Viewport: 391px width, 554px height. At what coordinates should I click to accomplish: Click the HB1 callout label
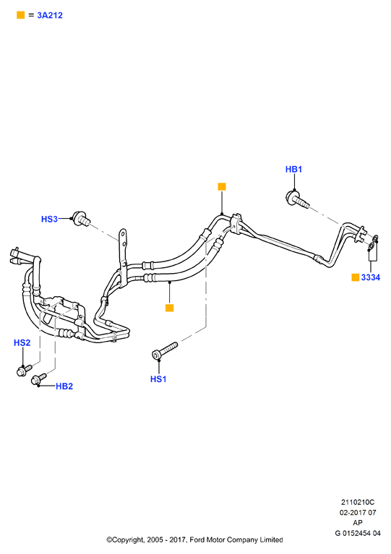pos(293,169)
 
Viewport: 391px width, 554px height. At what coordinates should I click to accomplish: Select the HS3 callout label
pos(49,219)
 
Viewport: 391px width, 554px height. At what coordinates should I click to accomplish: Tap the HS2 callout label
pos(22,342)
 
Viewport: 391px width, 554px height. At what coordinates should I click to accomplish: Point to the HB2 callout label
pos(64,386)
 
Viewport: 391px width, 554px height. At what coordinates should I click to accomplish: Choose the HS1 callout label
pos(158,379)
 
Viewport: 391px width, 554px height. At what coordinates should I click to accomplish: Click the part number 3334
pos(371,277)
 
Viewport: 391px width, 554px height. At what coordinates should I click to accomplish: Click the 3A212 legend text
pos(50,15)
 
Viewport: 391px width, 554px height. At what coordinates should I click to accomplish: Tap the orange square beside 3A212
pos(21,15)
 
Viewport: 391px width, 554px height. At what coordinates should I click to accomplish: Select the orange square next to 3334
pos(356,277)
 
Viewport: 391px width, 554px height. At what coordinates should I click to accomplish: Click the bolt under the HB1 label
pos(296,199)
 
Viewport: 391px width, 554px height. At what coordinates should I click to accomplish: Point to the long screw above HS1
pos(164,350)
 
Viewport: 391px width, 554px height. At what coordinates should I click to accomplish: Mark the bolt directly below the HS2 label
pos(24,370)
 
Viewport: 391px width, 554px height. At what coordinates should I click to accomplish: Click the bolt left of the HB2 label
pos(38,379)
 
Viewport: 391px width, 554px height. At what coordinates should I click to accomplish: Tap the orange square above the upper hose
pos(222,186)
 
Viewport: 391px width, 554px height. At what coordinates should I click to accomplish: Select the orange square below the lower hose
pos(169,308)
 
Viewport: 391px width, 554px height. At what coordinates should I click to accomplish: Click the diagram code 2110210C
pos(358,502)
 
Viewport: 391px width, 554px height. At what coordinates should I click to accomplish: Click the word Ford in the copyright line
pos(197,540)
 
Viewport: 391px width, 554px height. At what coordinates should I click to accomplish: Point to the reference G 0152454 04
pos(358,533)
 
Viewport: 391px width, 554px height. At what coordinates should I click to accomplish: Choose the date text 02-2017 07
pos(358,512)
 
